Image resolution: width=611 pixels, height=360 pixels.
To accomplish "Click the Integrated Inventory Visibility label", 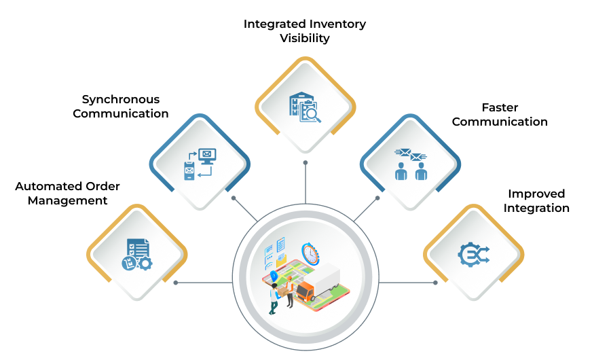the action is (x=305, y=31).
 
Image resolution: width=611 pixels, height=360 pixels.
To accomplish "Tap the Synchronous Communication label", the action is (x=121, y=106).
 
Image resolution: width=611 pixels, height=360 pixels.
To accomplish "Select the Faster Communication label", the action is (x=500, y=114).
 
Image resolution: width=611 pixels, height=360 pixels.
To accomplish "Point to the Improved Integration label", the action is (x=536, y=200).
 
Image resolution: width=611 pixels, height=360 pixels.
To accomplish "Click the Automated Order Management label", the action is (x=67, y=193).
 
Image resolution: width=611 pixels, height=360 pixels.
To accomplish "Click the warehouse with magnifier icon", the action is (x=305, y=107).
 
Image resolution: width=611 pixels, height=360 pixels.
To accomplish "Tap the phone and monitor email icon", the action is (x=200, y=164).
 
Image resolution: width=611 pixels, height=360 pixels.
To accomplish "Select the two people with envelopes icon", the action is (x=411, y=164).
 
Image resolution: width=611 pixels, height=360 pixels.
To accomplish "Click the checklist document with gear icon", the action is (x=137, y=255).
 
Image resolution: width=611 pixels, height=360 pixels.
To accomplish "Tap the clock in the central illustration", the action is (x=310, y=254).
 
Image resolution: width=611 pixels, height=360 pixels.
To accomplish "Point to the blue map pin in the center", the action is (x=274, y=276).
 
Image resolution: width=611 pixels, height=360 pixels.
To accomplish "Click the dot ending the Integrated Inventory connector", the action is (x=305, y=162).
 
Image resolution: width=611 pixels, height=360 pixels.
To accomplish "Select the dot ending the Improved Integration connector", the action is (x=435, y=283).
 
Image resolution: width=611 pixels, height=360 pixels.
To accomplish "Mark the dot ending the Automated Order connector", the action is (x=176, y=283).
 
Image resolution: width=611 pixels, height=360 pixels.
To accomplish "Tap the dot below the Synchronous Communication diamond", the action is (x=234, y=198).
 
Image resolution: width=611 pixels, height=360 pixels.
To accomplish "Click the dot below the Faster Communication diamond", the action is (x=377, y=198).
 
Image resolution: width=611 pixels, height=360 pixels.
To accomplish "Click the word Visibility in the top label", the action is (x=305, y=38).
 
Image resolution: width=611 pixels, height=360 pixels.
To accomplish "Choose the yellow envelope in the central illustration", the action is (x=282, y=258).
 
